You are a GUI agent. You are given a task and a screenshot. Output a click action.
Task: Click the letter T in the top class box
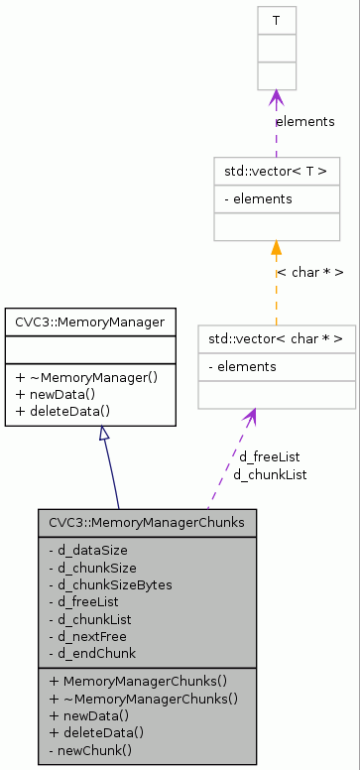click(x=277, y=20)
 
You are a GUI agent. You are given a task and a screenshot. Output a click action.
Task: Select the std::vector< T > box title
click(x=277, y=171)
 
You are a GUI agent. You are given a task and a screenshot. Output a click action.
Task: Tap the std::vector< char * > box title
click(x=277, y=339)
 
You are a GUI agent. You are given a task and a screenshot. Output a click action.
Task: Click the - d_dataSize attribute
click(x=88, y=550)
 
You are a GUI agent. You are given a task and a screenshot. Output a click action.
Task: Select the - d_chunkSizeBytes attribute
click(x=110, y=584)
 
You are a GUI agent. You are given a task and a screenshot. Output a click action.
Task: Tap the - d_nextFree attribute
click(x=89, y=636)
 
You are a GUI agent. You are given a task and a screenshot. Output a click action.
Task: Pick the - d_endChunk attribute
click(x=92, y=653)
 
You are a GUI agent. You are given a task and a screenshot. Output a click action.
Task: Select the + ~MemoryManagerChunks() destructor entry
click(x=143, y=699)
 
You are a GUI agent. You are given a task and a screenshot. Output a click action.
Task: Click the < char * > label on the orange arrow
click(x=310, y=272)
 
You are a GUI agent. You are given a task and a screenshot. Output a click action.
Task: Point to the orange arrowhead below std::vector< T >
click(x=277, y=248)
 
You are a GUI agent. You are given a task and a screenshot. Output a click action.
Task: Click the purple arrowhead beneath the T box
click(x=277, y=98)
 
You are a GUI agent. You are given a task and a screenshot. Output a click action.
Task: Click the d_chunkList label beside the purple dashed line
click(x=270, y=474)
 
